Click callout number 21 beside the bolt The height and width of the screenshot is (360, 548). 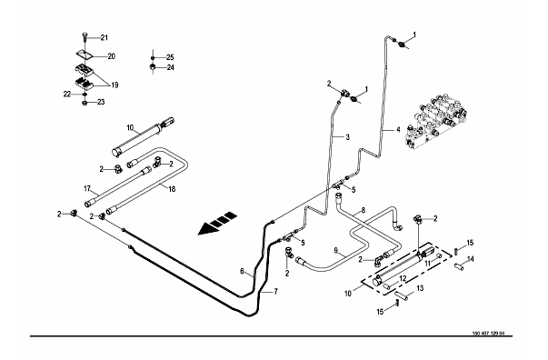(x=105, y=38)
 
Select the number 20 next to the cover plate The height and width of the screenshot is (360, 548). (x=111, y=56)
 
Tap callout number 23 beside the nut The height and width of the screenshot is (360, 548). (x=101, y=103)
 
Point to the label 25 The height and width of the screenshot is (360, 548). (x=170, y=57)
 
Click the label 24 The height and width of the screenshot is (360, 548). (x=170, y=67)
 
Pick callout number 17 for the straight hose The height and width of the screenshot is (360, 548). (x=87, y=189)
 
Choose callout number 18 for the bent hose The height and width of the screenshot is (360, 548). (x=172, y=189)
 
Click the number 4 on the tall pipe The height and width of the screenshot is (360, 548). (x=398, y=130)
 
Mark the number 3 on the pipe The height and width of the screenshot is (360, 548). (x=347, y=137)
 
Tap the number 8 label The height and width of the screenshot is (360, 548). (x=364, y=210)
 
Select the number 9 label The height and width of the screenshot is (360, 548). (x=336, y=250)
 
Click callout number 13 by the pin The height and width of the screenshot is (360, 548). (x=420, y=288)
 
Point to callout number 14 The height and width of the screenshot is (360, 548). (x=471, y=259)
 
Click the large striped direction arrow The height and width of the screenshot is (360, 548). (x=217, y=224)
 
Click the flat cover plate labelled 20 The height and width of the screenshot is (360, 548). (x=85, y=55)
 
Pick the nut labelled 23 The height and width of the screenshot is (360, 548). (x=85, y=103)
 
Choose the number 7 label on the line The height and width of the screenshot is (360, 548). (x=275, y=291)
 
